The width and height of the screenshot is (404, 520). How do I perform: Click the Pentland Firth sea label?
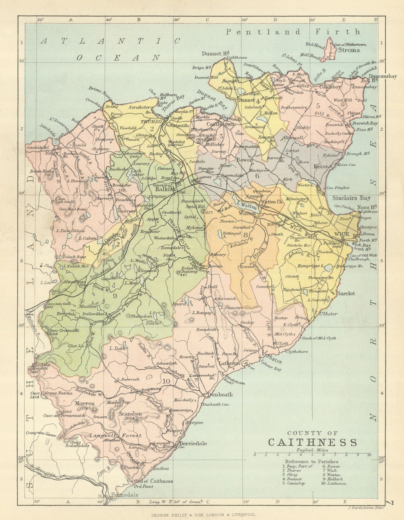coord(293,32)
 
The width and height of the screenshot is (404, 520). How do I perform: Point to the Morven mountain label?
coord(86,403)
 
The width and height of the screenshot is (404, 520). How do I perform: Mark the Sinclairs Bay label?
coord(351,198)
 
